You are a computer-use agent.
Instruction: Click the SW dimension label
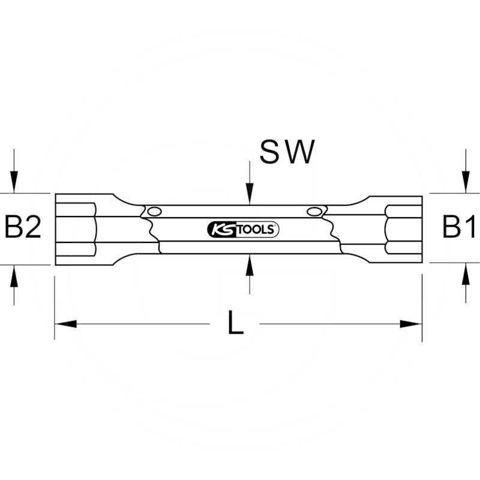(287, 152)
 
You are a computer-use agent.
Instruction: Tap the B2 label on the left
(23, 229)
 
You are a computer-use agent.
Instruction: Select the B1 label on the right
(459, 229)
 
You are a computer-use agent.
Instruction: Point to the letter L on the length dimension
(236, 324)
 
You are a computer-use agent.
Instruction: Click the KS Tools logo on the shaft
(242, 229)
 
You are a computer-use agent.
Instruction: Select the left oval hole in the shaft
(154, 211)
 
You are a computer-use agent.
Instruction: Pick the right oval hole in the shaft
(313, 211)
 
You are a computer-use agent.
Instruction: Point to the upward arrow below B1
(466, 277)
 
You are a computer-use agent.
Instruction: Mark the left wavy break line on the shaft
(151, 231)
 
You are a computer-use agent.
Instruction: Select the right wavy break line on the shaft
(331, 231)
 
